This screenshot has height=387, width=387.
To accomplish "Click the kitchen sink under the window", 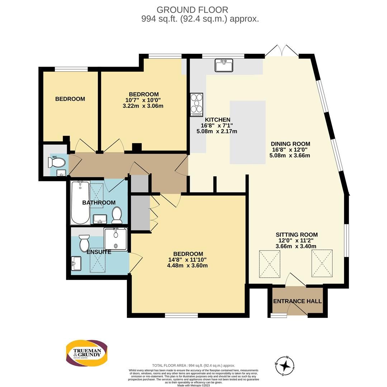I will pyautogui.click(x=224, y=65).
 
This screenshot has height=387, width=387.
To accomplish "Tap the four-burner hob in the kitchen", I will pyautogui.click(x=197, y=104).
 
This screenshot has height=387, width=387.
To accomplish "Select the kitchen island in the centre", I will pyautogui.click(x=247, y=132).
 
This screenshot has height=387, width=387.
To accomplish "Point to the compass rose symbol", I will pyautogui.click(x=285, y=366).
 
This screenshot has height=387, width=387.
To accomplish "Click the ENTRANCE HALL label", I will pyautogui.click(x=297, y=301).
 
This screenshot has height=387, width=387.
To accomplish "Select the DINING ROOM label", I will pyautogui.click(x=291, y=144).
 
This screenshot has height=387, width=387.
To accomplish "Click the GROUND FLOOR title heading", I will pyautogui.click(x=192, y=10).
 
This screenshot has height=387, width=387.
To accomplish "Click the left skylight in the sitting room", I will pyautogui.click(x=269, y=263).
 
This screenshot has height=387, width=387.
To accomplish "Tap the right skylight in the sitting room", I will pyautogui.click(x=322, y=263).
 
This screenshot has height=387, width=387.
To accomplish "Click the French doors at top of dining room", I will pyautogui.click(x=282, y=51).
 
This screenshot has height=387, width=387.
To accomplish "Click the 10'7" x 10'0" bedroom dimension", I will pyautogui.click(x=142, y=100).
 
